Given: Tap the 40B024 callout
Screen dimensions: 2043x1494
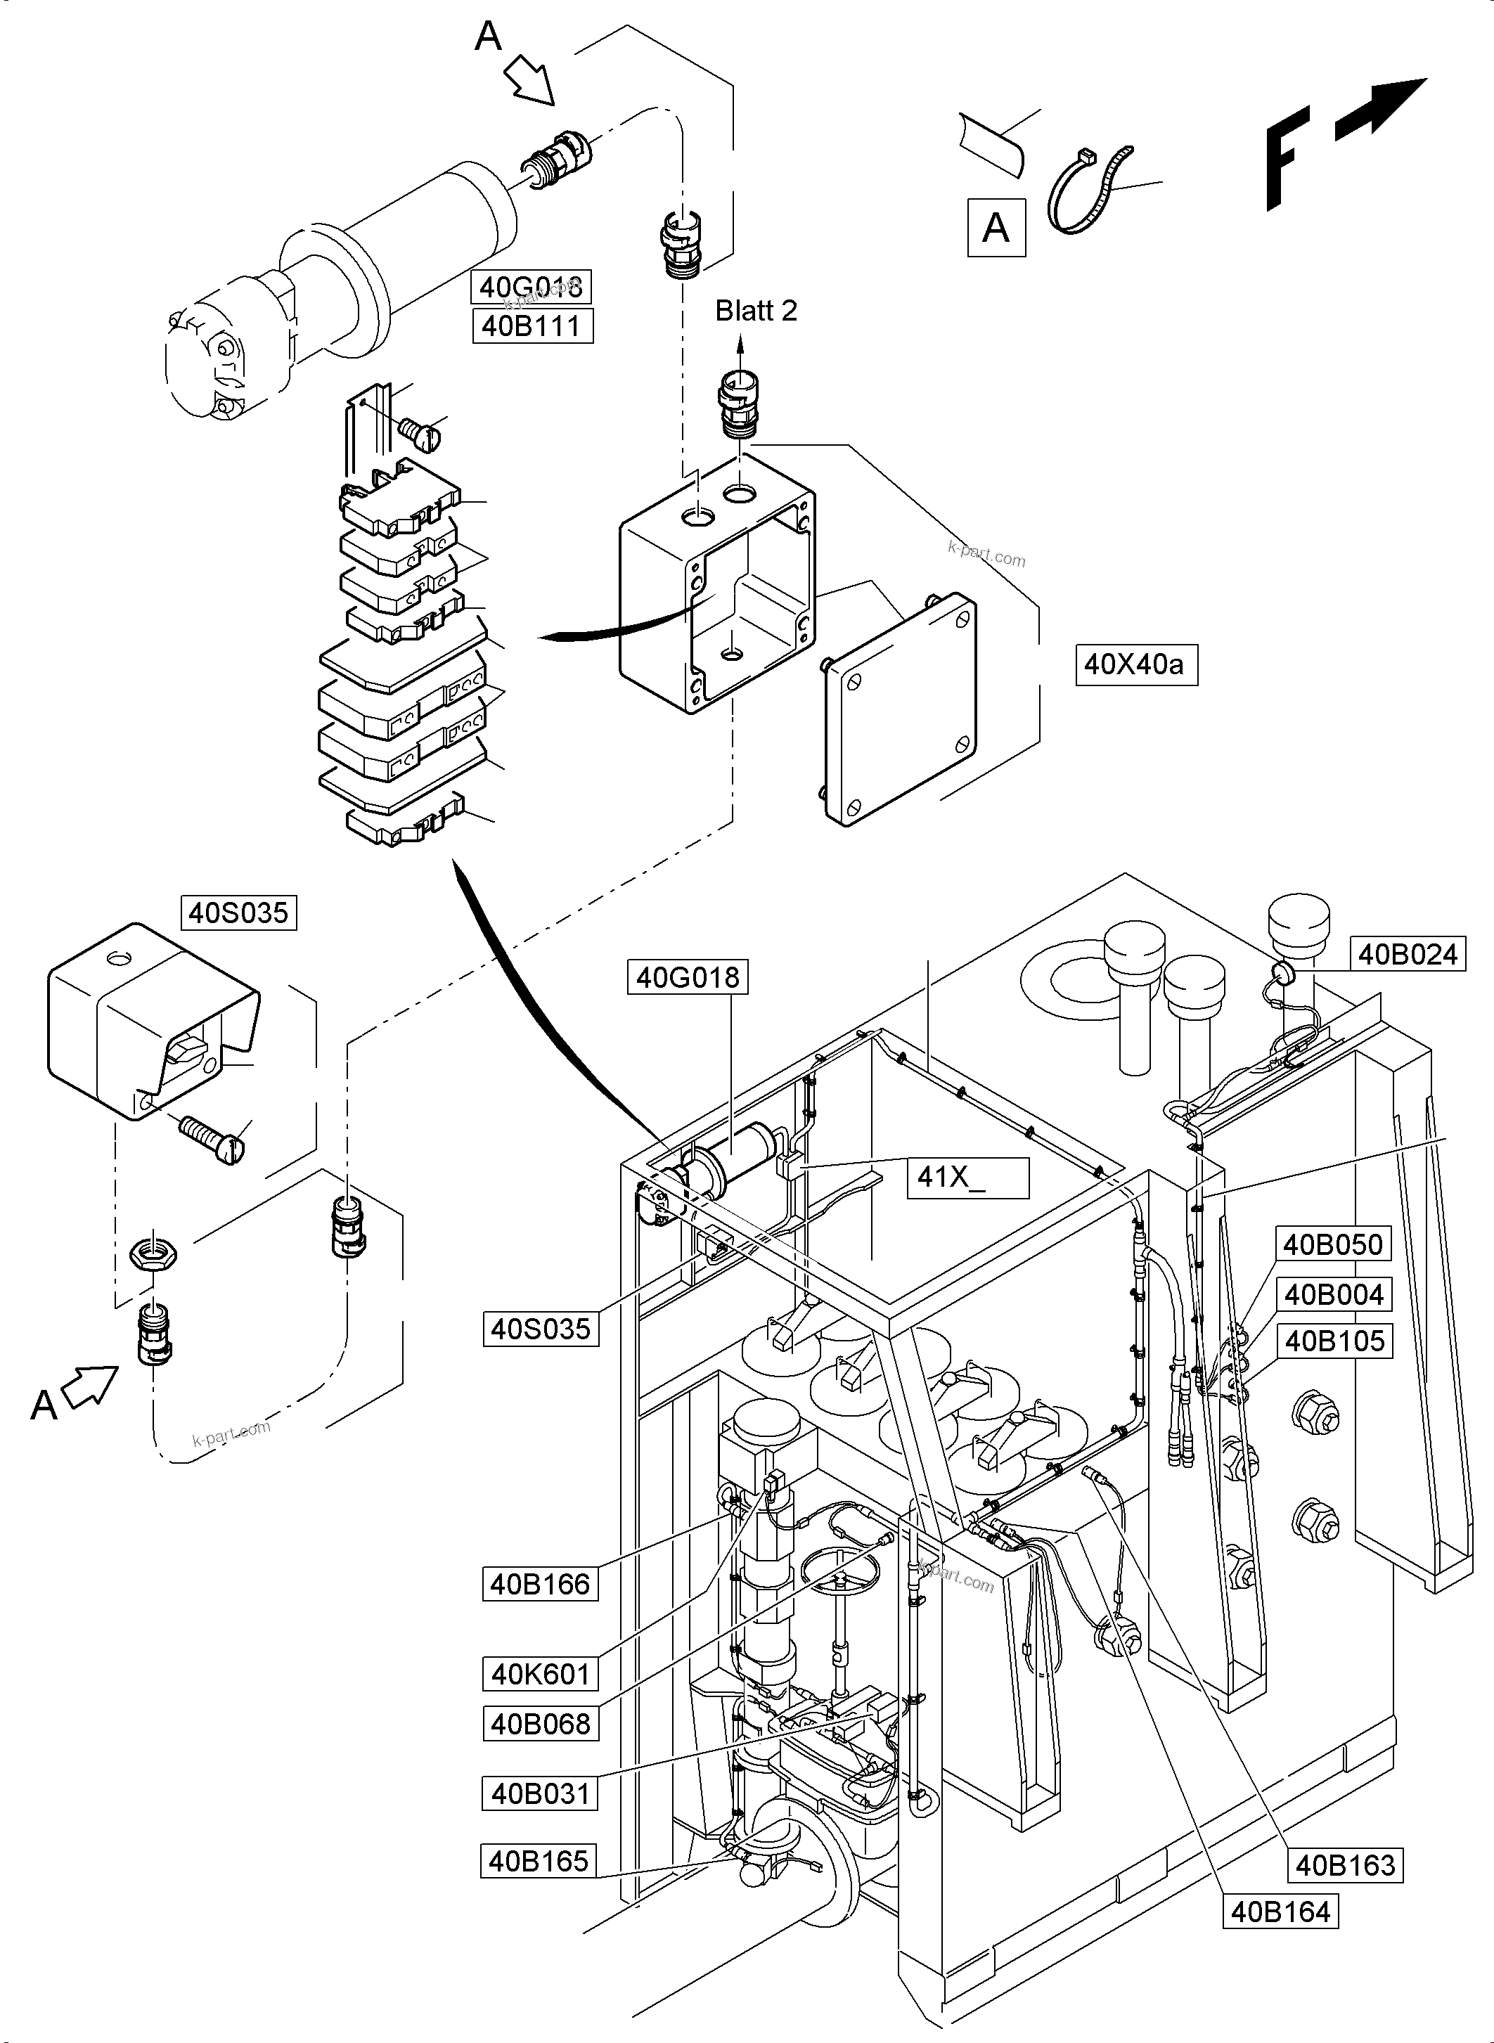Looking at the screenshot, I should click(1408, 954).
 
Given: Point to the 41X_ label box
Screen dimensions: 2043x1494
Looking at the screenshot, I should click(967, 1177).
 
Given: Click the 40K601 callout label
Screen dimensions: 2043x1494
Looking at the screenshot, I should click(540, 1674).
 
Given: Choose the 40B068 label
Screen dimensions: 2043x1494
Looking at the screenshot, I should click(540, 1724).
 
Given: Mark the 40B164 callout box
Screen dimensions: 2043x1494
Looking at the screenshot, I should click(1280, 1912).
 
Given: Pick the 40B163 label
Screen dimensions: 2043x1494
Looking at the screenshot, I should click(1346, 1865).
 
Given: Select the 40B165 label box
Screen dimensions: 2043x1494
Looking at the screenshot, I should click(538, 1861).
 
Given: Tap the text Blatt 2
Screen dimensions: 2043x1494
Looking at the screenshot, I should click(756, 311).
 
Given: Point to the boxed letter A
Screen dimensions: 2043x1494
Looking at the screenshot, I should click(996, 228).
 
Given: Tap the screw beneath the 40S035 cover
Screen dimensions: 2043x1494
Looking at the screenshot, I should click(212, 1137).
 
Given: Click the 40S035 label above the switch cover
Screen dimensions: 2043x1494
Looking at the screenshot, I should click(239, 913).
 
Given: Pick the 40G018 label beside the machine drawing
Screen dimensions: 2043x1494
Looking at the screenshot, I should click(688, 978).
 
